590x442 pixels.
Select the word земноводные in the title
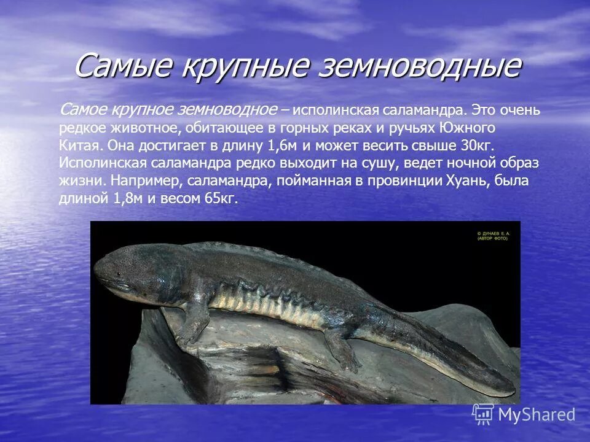[417, 66]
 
